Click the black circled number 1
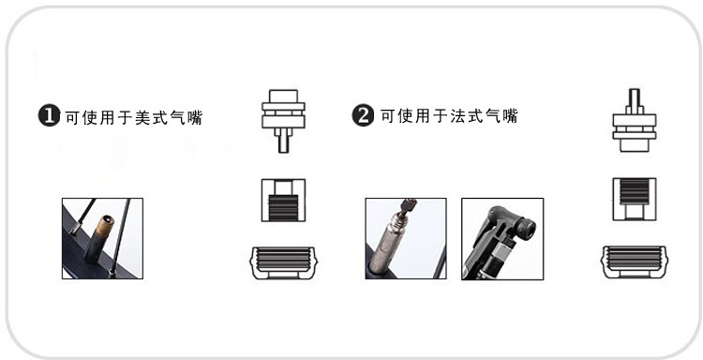coord(49,115)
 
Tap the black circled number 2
coord(363,115)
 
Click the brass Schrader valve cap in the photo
coord(104,226)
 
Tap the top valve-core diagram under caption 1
coord(283,121)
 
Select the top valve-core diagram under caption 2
coord(635,120)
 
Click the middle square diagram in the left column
coord(283,200)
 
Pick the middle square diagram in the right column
coord(635,199)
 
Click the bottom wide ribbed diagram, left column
coord(283,262)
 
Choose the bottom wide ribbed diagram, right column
coord(634,262)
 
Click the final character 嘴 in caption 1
coord(196,117)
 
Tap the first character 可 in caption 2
coord(388,115)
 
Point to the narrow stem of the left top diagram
coord(283,141)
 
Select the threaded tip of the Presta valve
coord(408,206)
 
